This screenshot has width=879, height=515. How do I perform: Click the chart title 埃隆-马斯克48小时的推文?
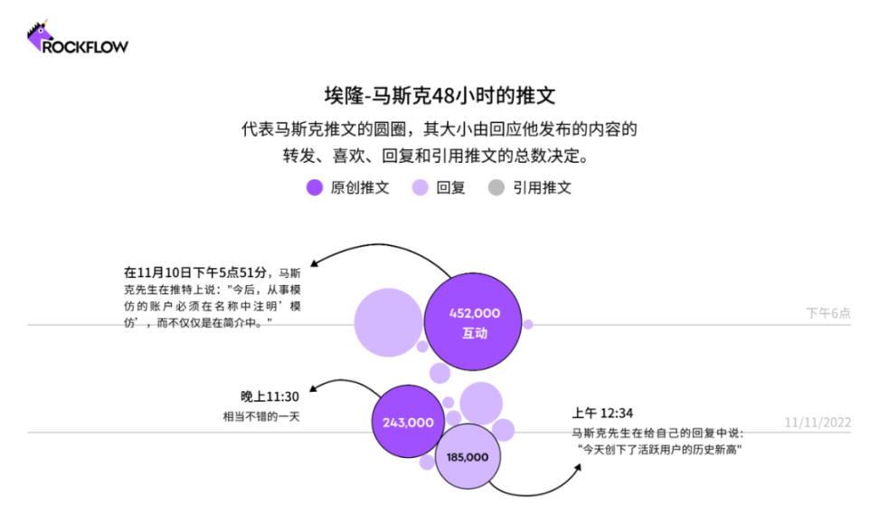[x=439, y=95]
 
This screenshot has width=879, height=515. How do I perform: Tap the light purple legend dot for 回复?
[x=420, y=188]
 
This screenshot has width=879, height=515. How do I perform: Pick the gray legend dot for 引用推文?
[x=496, y=188]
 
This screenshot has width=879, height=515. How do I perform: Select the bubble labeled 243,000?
[x=408, y=422]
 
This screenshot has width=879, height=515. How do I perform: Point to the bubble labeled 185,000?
[x=468, y=457]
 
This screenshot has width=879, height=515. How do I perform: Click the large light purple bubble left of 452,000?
[x=387, y=323]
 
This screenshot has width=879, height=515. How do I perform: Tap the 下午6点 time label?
[x=828, y=313]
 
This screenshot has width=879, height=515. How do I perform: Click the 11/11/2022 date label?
[x=818, y=423]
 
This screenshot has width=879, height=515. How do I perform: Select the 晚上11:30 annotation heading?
[x=269, y=396]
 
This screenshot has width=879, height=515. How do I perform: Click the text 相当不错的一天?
[x=260, y=416]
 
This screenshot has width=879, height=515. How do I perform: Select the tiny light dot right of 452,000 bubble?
[x=528, y=324]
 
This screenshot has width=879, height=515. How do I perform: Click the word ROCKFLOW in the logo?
[x=85, y=45]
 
